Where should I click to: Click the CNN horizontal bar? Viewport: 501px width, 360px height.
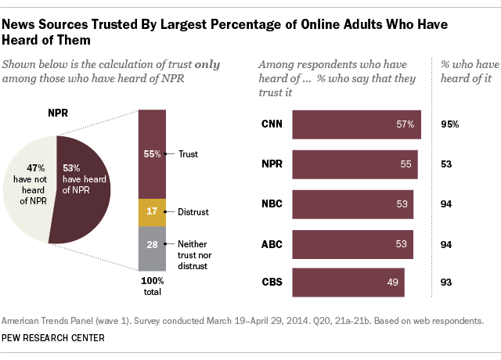point(357,124)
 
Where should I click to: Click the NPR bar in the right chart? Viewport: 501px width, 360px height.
point(355,164)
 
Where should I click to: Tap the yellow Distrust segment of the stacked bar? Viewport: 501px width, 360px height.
point(151,211)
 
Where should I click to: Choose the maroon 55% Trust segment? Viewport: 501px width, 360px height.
point(151,154)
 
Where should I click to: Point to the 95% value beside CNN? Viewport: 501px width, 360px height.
point(448,124)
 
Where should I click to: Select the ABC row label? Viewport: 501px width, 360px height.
point(272,243)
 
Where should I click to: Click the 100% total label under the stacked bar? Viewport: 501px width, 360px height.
point(151,286)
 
